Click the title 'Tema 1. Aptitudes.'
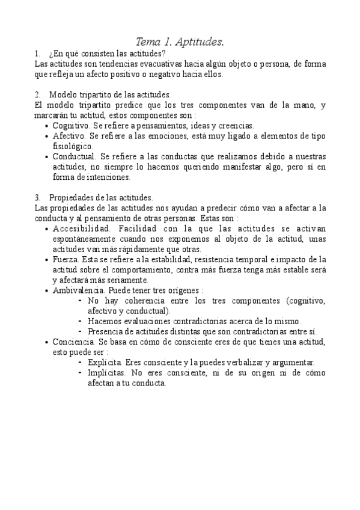click(x=180, y=42)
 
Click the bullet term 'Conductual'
click(x=74, y=156)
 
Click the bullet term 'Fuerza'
click(x=65, y=260)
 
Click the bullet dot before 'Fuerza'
click(x=47, y=260)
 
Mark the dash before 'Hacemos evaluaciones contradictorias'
click(x=81, y=321)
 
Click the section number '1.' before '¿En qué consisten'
click(x=38, y=54)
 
